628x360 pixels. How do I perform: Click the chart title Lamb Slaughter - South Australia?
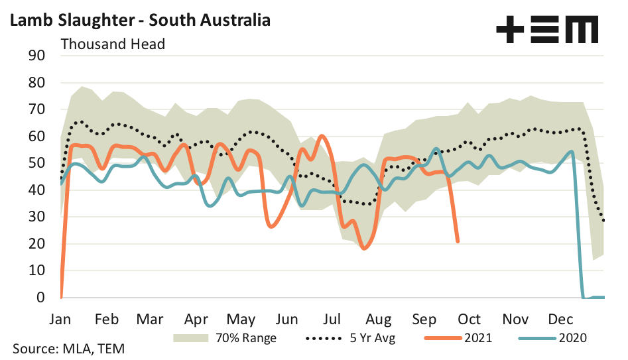[140, 20]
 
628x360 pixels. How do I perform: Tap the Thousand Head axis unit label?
[113, 44]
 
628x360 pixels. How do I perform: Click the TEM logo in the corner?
[547, 30]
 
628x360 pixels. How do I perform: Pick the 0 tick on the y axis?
[40, 298]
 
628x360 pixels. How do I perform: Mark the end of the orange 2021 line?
[458, 241]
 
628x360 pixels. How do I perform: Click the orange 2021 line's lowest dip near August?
[363, 248]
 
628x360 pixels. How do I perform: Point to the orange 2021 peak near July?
[322, 136]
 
